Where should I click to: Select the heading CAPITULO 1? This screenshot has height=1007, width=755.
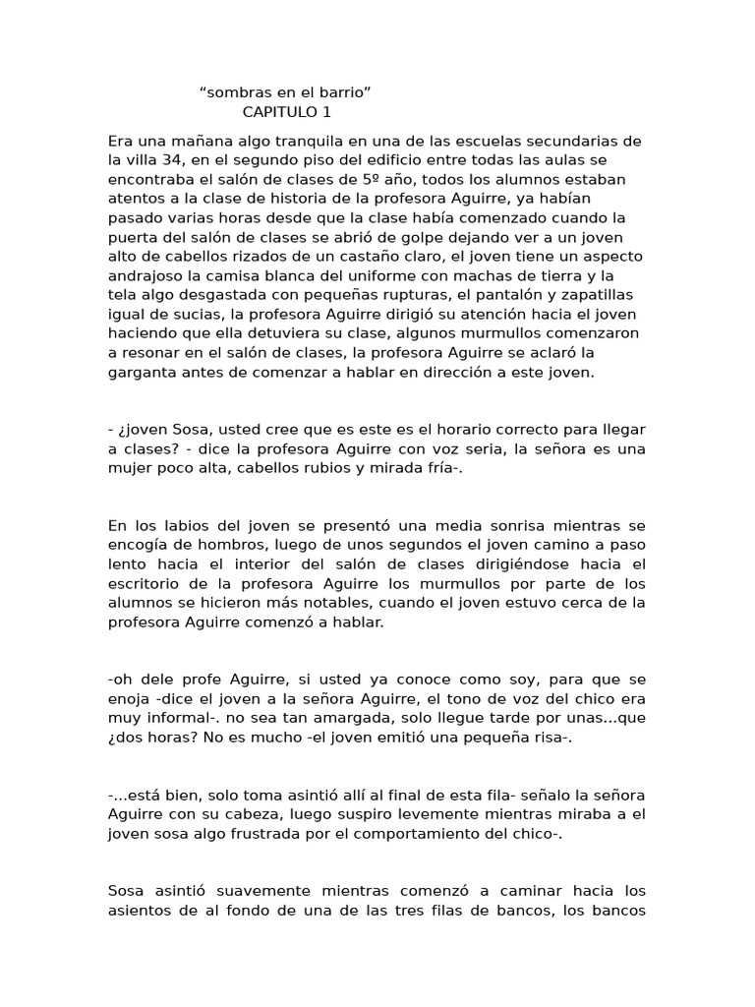(287, 111)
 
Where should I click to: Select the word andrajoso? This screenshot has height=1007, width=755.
(149, 275)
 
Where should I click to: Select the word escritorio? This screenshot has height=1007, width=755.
(148, 583)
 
